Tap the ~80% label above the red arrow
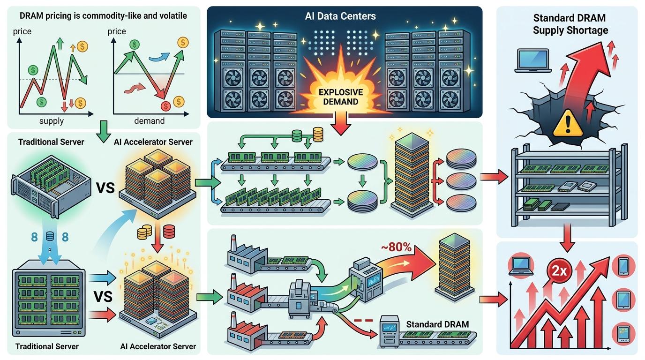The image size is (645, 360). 397,247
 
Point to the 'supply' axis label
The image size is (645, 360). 51,121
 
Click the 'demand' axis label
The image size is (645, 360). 150,121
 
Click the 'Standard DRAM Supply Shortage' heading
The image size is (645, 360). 570,24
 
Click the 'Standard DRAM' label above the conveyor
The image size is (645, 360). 437,324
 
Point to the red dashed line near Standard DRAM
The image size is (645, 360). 363,321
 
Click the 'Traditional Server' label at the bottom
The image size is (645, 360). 47,346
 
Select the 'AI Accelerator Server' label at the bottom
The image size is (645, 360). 158,346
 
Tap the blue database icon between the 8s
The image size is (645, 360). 49,237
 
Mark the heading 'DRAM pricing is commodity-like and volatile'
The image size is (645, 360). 103,16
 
